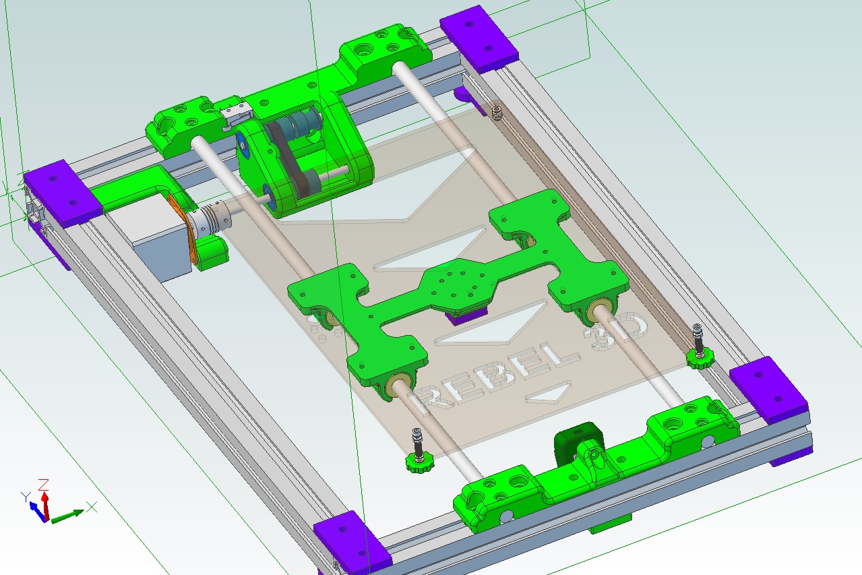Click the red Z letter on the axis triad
point(44,484)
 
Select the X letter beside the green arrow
point(92,507)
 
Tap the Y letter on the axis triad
point(26,497)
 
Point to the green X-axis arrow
point(67,516)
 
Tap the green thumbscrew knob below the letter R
point(419,462)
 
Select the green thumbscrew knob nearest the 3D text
point(700,359)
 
